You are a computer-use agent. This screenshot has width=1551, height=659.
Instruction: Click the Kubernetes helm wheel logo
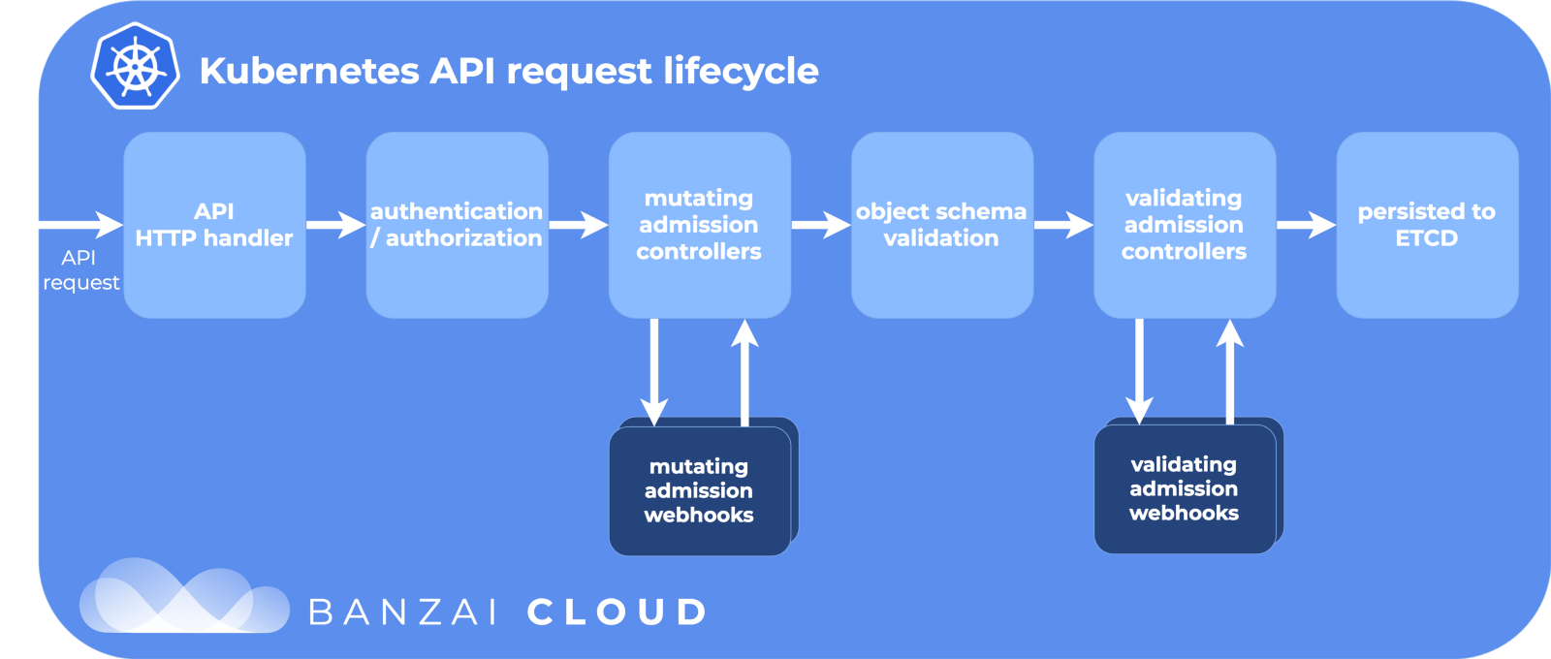click(135, 67)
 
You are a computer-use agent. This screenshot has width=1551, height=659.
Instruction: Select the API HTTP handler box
click(214, 225)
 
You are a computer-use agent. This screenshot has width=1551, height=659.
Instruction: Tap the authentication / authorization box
click(457, 225)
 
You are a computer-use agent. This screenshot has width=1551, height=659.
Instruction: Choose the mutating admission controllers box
click(699, 225)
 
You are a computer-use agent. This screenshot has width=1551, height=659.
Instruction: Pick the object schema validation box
click(941, 225)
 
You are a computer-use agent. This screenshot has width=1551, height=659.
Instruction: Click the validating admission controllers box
click(1184, 225)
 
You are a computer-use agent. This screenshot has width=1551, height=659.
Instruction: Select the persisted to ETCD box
click(1426, 225)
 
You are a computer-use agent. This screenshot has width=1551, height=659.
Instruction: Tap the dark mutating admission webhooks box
click(699, 490)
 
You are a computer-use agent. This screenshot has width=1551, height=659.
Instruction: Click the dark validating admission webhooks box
click(1184, 488)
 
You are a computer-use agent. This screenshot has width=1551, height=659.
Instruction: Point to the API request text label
click(80, 270)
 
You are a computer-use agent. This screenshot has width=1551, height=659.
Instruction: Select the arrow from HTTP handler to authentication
click(335, 225)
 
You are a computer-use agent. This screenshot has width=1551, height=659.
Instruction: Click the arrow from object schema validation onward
click(1062, 225)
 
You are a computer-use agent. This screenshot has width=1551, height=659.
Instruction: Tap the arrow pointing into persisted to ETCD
click(1305, 225)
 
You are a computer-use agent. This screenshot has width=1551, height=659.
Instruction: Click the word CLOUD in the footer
click(617, 612)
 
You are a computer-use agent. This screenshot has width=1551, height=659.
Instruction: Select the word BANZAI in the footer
click(403, 612)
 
